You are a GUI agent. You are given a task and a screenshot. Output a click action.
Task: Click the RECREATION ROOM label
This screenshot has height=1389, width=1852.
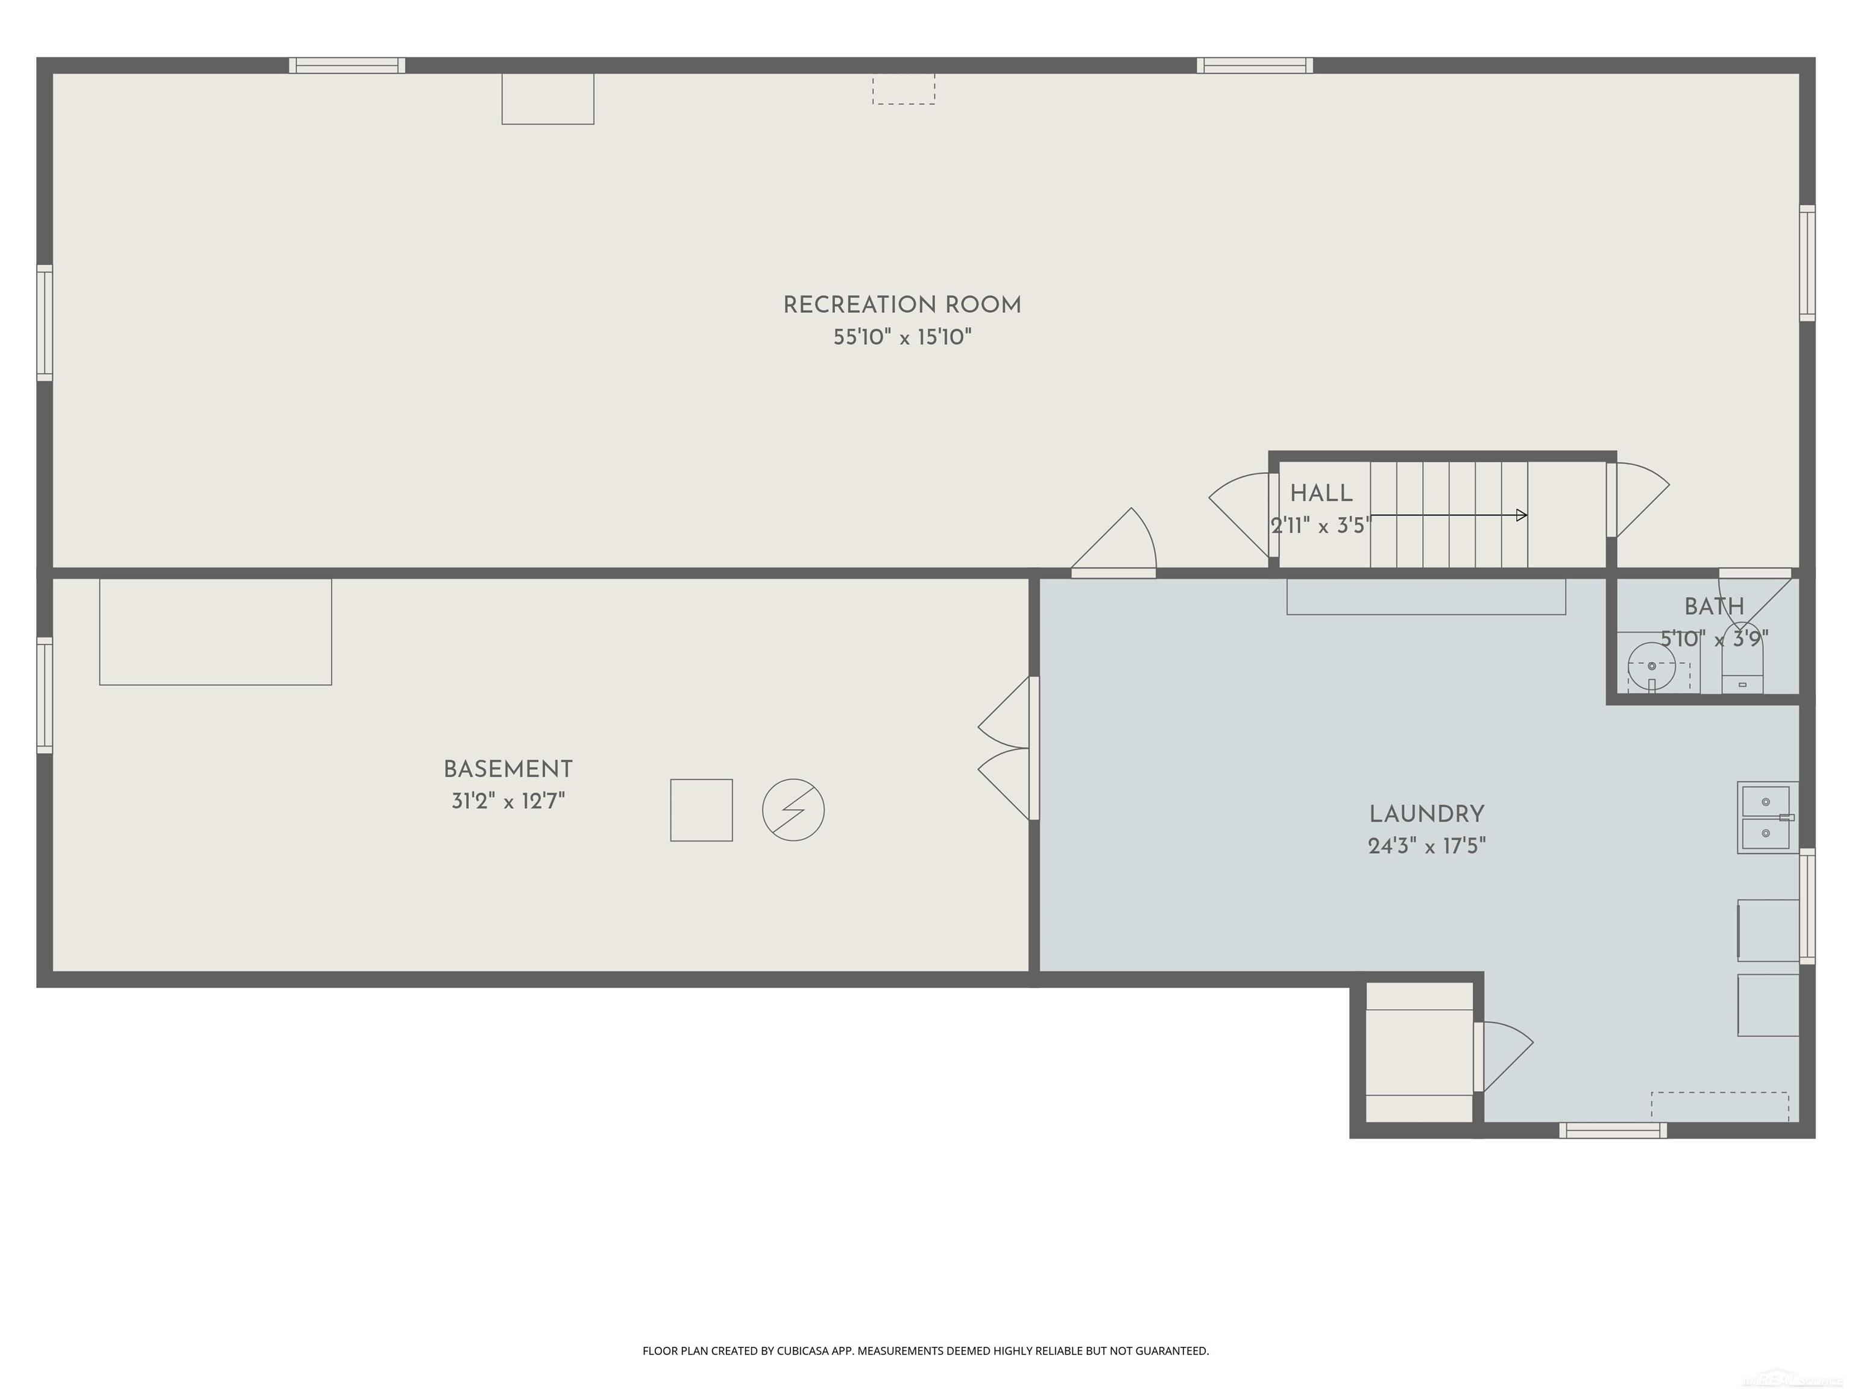[x=902, y=305]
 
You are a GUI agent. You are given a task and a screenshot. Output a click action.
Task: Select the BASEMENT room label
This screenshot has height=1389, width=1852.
[x=508, y=769]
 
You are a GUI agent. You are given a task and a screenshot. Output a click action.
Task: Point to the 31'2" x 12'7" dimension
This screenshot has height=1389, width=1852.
[x=508, y=801]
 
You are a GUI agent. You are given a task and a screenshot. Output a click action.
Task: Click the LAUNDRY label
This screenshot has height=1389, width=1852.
[x=1426, y=814]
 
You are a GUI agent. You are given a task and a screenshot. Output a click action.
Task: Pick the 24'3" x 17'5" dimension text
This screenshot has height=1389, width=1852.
[x=1426, y=846]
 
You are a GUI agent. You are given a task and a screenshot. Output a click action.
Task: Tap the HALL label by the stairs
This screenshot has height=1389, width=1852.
[x=1321, y=493]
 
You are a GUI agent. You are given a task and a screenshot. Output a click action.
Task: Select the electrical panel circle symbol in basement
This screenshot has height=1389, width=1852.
[x=793, y=810]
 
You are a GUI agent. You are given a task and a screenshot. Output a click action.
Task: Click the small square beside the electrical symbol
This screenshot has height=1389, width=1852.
[x=702, y=810]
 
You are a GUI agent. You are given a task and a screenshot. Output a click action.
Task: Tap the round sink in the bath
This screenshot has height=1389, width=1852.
[x=1651, y=666]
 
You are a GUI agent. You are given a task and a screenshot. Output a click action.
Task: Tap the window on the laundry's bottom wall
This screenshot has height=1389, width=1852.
[x=1613, y=1130]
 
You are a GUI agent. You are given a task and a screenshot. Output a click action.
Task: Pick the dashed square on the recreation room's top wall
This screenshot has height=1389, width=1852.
[x=904, y=89]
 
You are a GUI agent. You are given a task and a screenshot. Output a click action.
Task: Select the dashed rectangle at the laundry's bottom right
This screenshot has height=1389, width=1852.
[x=1721, y=1106]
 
